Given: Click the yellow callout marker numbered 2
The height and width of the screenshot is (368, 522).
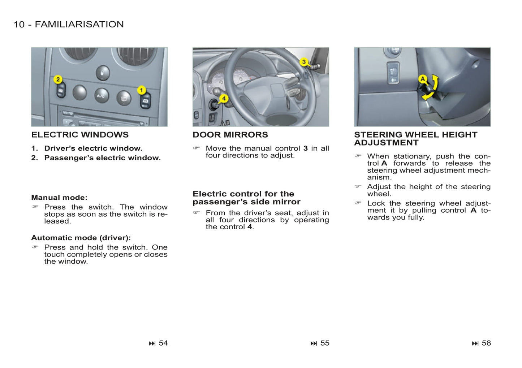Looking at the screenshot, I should [58, 79].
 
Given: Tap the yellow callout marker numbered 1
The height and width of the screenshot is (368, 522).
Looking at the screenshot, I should [142, 90].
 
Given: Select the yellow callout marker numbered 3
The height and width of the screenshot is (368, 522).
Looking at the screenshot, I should [304, 62].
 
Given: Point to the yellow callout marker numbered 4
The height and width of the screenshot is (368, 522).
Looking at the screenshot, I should [224, 98].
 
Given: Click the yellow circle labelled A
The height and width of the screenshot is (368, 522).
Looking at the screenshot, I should [423, 79].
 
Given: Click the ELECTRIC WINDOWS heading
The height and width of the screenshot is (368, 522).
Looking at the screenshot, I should [80, 135].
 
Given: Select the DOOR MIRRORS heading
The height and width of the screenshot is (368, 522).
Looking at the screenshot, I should [230, 135].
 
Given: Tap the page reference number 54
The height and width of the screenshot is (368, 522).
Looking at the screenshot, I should [163, 343].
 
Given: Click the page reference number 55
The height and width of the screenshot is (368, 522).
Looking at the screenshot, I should [325, 343].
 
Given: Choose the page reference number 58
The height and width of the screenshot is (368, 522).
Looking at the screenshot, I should [486, 343].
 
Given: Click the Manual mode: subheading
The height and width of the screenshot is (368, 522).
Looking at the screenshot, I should [59, 198].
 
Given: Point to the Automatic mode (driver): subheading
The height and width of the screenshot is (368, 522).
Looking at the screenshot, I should [81, 238].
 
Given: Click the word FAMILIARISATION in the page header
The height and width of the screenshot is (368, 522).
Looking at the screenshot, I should [79, 24].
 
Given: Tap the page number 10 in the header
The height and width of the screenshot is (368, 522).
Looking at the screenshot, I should [19, 24].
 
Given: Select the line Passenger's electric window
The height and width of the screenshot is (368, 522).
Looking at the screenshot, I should [102, 158].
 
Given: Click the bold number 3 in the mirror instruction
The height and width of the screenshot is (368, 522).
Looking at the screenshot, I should [305, 148].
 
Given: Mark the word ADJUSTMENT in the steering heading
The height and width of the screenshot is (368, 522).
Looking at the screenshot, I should [386, 143].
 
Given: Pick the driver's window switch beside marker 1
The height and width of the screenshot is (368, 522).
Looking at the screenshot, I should [145, 101].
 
